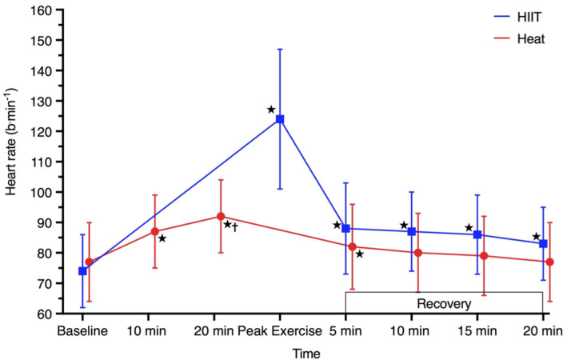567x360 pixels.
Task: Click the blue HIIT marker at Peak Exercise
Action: (280, 119)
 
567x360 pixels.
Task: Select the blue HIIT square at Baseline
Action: (82, 271)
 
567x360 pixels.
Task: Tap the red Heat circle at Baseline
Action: (89, 262)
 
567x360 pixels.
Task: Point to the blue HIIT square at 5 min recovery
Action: (345, 229)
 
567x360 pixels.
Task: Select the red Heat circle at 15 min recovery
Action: (483, 256)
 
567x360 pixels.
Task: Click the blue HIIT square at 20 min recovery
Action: (543, 243)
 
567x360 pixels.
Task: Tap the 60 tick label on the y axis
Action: (38, 314)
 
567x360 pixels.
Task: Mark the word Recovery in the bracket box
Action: (444, 304)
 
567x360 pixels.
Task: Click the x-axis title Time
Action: (307, 352)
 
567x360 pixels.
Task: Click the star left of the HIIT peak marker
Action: (271, 110)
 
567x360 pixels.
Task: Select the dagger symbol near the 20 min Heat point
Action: (235, 226)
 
